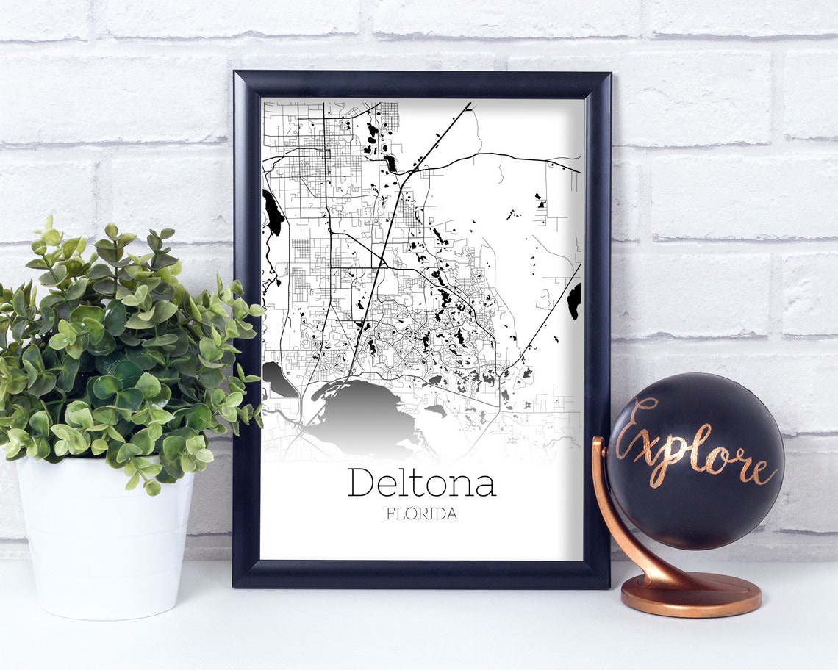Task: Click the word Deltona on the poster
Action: coord(421,483)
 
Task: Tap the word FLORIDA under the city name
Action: coord(421,514)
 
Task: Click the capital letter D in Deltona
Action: coord(361,483)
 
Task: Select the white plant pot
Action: coord(103,544)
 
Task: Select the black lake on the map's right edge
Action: coord(574,300)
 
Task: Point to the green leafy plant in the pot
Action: coord(125,345)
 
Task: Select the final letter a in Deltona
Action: coord(486,485)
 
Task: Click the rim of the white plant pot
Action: coord(103,463)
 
